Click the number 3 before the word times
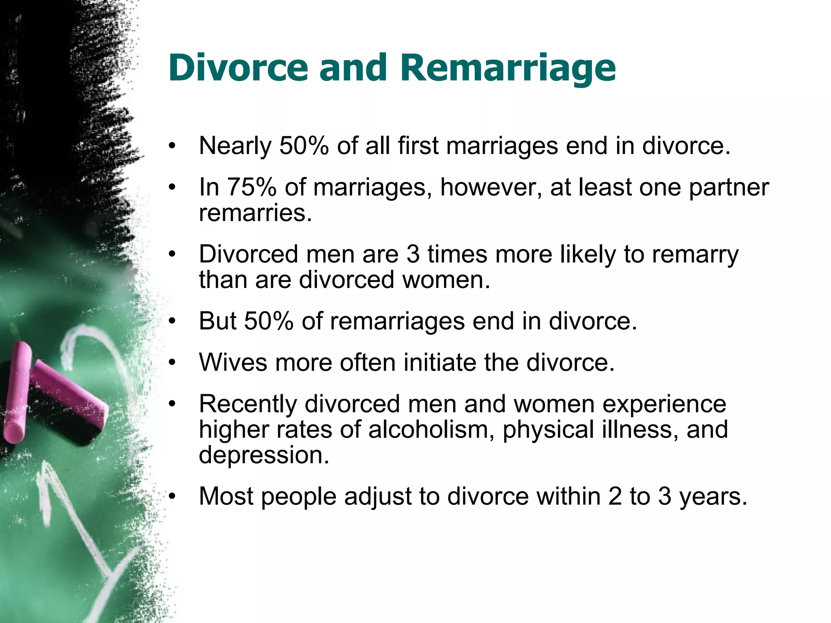[x=413, y=254]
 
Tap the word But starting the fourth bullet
[x=217, y=321]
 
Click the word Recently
[x=248, y=404]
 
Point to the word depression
[x=263, y=455]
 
